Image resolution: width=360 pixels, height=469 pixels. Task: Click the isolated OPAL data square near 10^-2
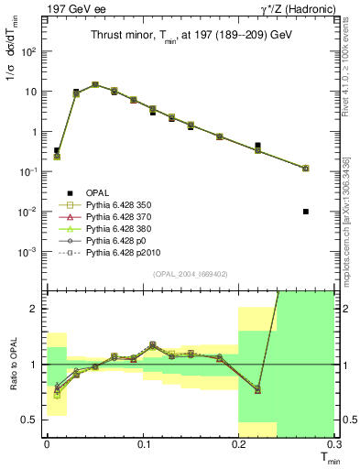305,212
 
